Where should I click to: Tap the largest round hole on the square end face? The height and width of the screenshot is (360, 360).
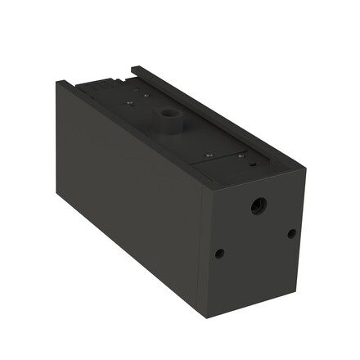click(x=259, y=206)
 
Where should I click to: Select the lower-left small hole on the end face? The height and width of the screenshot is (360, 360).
click(x=219, y=253)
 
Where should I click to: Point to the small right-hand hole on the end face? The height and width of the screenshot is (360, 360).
click(x=292, y=234)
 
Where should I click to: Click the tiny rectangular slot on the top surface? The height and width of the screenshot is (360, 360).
click(x=254, y=165)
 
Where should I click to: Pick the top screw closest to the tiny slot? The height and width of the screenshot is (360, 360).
click(x=240, y=155)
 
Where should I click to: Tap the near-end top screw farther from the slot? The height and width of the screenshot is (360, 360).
click(x=209, y=154)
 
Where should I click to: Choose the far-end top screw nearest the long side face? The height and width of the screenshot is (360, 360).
click(x=129, y=103)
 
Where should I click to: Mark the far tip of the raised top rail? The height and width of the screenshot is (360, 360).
click(x=133, y=68)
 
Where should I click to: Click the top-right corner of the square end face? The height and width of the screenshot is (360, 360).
click(x=306, y=169)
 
